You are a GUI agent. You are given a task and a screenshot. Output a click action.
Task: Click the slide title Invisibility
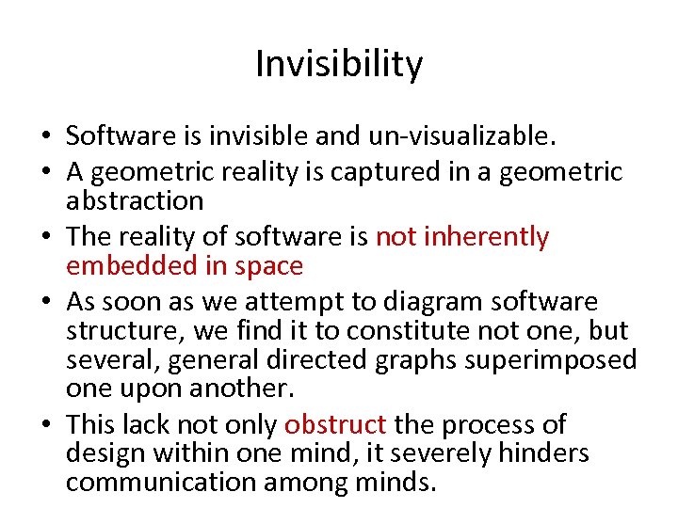tap(339, 65)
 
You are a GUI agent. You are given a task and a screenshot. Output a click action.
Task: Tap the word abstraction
tap(135, 200)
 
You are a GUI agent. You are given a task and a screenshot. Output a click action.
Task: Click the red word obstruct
tap(335, 425)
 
